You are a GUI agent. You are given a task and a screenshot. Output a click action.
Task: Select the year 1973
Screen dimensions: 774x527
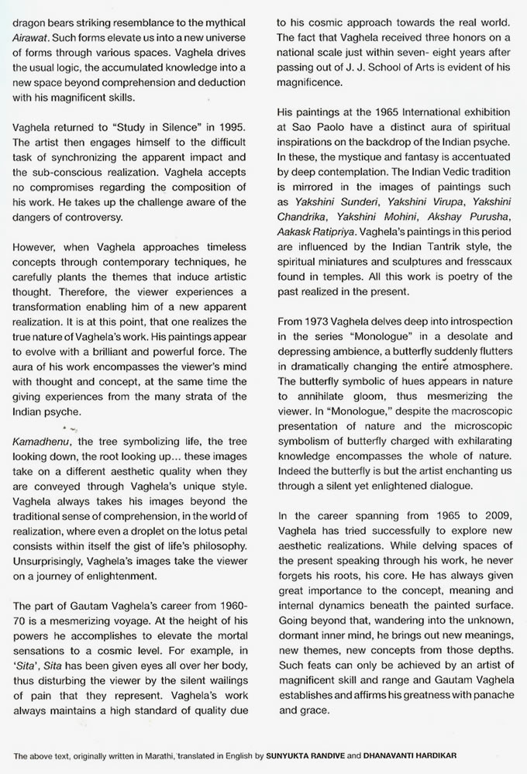point(320,321)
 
